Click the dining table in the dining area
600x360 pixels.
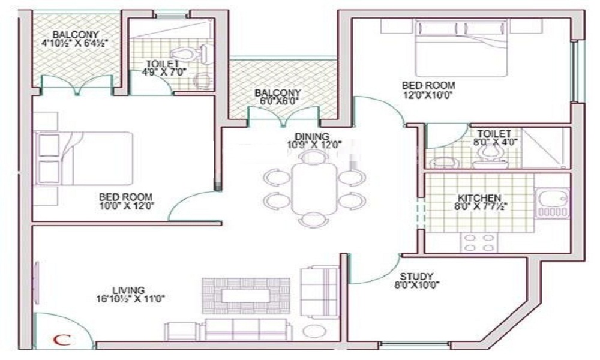pyautogui.click(x=314, y=187)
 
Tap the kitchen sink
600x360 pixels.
pyautogui.click(x=552, y=203)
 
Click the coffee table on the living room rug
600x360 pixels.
pyautogui.click(x=246, y=296)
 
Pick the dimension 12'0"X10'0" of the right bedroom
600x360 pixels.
pyautogui.click(x=428, y=95)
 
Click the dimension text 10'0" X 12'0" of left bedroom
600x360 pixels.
pyautogui.click(x=125, y=206)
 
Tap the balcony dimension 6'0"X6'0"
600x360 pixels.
pyautogui.click(x=277, y=101)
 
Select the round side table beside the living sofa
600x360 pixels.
pyautogui.click(x=312, y=331)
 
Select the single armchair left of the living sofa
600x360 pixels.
pyautogui.click(x=181, y=331)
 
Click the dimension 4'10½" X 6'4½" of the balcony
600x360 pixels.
pyautogui.click(x=76, y=43)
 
